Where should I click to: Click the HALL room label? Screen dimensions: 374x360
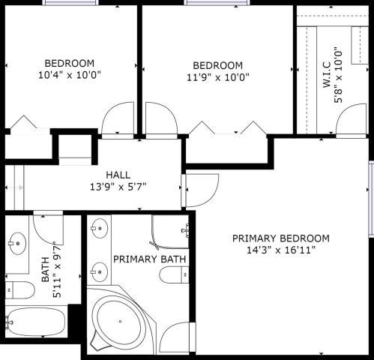118,175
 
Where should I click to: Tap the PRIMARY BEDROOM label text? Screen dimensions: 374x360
281,238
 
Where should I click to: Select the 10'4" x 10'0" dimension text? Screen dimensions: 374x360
70,75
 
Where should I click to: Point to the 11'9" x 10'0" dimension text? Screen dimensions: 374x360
218,77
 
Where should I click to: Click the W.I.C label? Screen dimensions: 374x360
327,75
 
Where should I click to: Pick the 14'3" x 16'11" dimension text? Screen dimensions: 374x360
281,250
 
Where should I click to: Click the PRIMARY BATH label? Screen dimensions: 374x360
150,259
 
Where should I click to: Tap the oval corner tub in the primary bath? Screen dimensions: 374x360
120,321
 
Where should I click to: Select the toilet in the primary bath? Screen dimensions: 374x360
174,274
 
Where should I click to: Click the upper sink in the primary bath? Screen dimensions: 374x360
100,229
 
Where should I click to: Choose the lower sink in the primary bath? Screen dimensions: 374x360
100,272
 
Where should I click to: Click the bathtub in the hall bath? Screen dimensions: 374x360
35,322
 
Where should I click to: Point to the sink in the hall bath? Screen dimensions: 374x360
17,243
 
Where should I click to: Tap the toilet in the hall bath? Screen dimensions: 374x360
20,290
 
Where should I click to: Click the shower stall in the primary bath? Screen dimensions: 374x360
171,232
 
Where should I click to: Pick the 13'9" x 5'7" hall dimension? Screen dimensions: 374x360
118,187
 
